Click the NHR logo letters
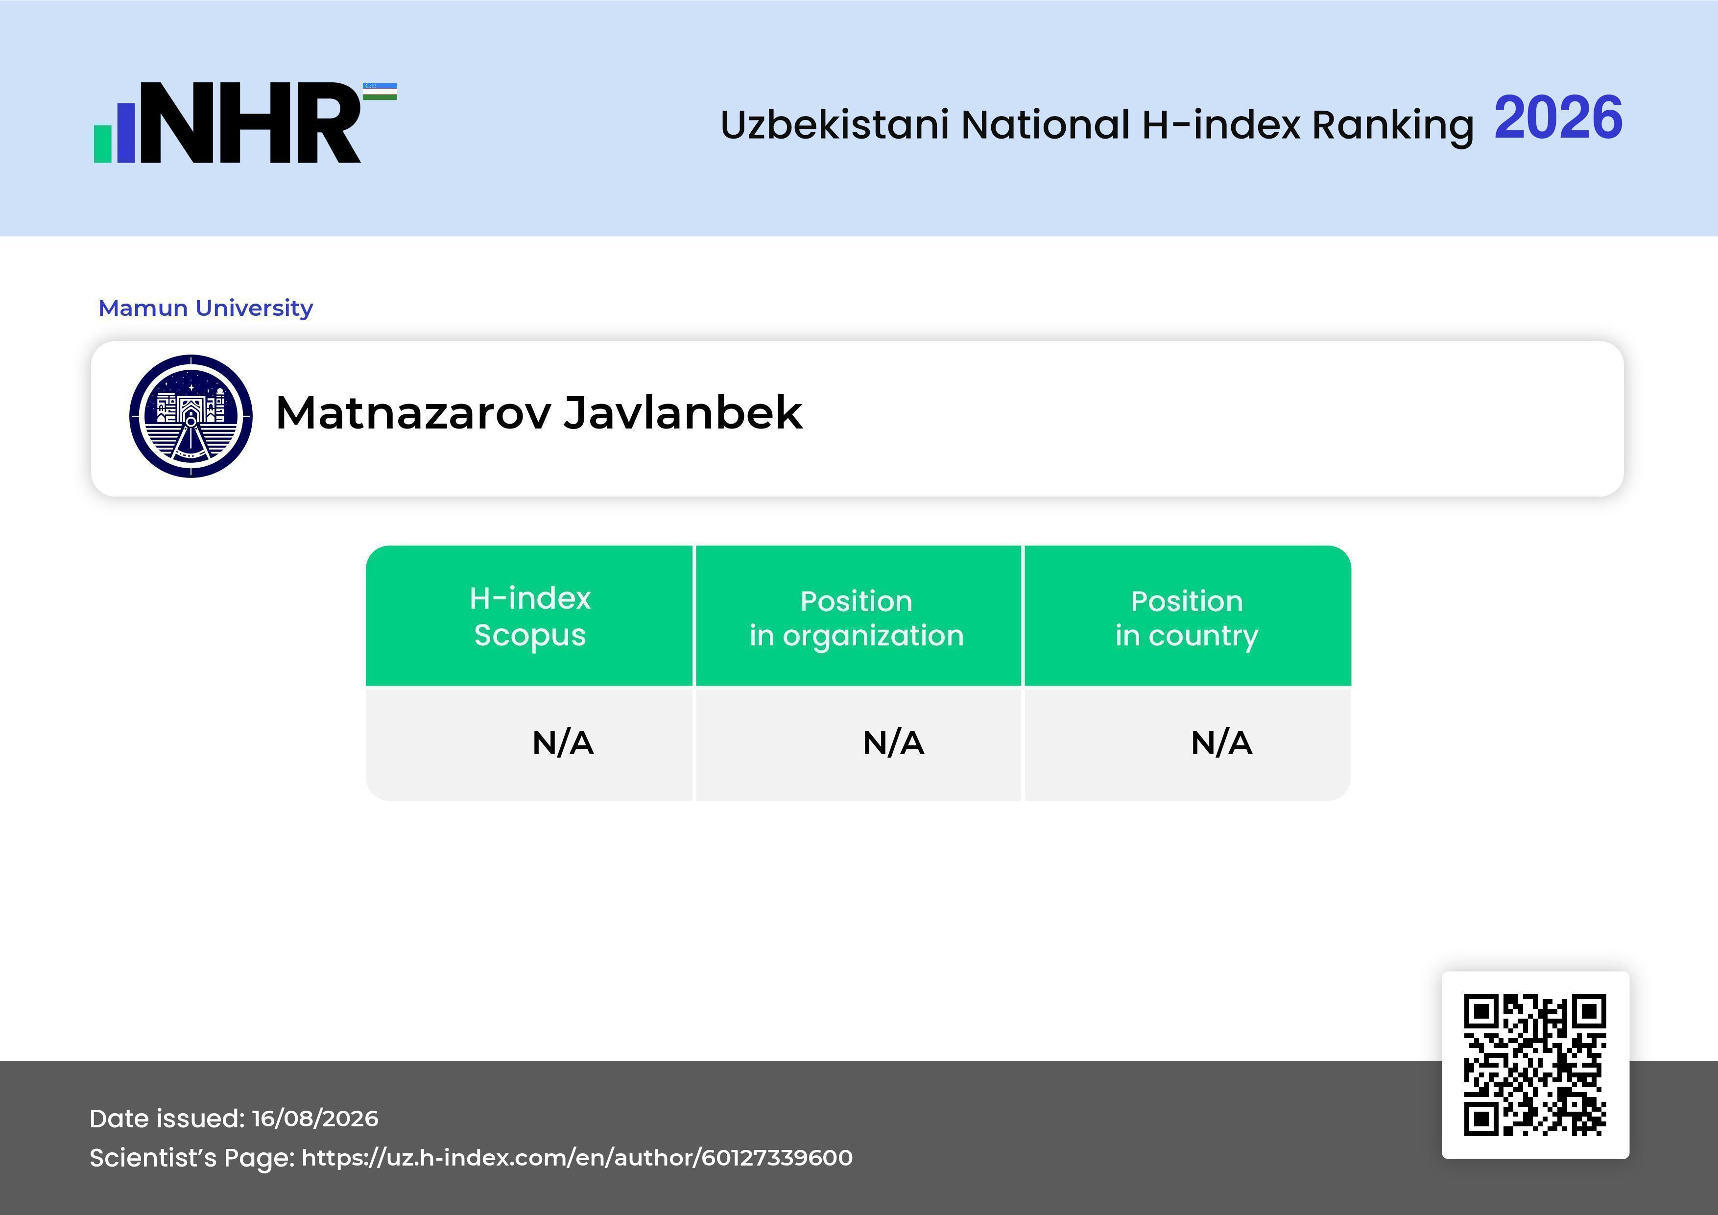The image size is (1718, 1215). pos(251,123)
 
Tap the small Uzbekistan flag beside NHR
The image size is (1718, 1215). pos(380,91)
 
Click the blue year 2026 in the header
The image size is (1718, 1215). pos(1558,118)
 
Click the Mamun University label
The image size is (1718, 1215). pos(206,308)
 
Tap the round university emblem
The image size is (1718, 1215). pos(191,416)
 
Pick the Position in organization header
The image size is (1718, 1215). pos(857,618)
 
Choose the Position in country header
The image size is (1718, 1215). pos(1187,618)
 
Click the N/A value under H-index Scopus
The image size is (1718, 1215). pos(563,743)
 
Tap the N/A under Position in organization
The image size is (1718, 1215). pos(893,743)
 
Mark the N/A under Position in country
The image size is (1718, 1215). pos(1221,743)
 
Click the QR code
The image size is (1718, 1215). pos(1535,1065)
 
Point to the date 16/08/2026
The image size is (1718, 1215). pos(315,1119)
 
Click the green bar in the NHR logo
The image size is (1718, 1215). pos(102,143)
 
